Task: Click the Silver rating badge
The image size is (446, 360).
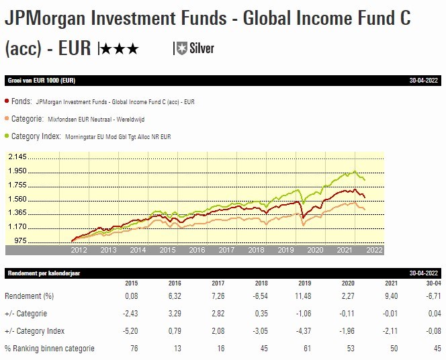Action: pos(194,48)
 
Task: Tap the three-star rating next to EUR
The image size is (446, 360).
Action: pos(120,48)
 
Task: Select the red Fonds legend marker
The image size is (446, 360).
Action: pos(7,101)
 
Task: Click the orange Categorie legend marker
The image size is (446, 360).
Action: pos(7,119)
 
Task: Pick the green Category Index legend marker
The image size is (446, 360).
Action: pos(7,136)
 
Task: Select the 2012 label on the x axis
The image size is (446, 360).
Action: pos(79,250)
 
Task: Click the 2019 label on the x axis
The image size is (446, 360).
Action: pos(285,250)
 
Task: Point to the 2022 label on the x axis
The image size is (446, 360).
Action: pos(373,250)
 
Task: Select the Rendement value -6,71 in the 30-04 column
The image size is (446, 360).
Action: pos(433,296)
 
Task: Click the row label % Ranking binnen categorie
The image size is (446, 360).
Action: pos(49,348)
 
